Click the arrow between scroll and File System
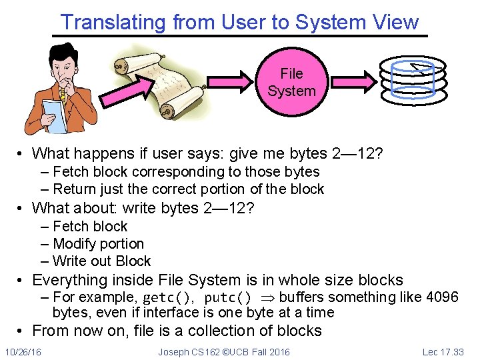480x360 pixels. [231, 82]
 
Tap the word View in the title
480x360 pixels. [395, 22]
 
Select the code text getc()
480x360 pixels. [168, 297]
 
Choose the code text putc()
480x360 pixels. [228, 297]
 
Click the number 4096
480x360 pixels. [442, 297]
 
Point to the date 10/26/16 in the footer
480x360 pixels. [23, 351]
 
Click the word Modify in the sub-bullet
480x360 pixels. [73, 244]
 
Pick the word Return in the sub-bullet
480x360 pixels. [73, 189]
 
